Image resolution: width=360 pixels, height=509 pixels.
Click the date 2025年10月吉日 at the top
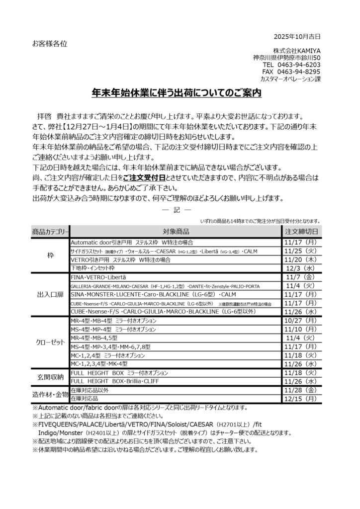(297, 36)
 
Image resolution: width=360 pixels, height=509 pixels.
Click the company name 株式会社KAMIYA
(296, 51)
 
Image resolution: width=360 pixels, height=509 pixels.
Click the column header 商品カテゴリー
(50, 232)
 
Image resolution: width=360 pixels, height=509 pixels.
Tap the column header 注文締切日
(301, 232)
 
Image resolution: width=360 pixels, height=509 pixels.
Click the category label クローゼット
(50, 343)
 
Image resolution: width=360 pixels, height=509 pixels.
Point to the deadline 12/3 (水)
(301, 267)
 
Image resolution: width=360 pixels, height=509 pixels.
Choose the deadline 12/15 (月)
(301, 399)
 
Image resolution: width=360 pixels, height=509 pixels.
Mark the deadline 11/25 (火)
(301, 251)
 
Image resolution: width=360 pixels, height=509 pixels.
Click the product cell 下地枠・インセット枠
(93, 267)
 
